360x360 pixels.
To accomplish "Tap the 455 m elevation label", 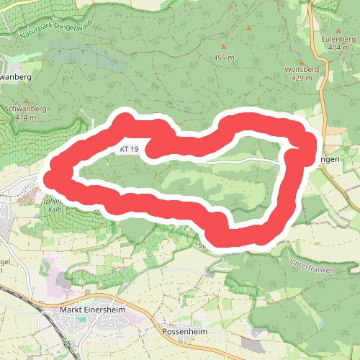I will click(x=224, y=57).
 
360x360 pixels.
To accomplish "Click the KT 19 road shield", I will click(x=130, y=149).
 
